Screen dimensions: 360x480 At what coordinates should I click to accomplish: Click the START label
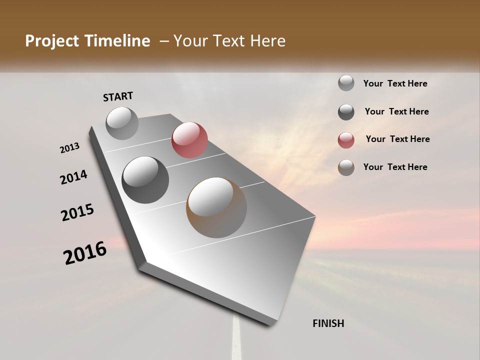(x=118, y=96)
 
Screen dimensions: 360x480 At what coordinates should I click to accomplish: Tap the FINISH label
(x=328, y=323)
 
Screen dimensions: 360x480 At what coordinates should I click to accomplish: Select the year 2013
(x=69, y=148)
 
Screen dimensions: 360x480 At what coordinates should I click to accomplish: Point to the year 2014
(x=73, y=177)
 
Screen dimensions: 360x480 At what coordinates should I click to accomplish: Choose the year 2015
(x=77, y=212)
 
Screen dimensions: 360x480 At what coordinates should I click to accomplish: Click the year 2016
(x=85, y=252)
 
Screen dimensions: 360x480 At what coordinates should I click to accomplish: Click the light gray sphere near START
(x=122, y=123)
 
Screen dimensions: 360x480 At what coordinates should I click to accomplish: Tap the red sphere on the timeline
(x=189, y=139)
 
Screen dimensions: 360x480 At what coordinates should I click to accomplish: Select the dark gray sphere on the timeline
(x=145, y=179)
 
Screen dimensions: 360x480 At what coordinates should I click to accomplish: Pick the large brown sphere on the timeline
(x=216, y=207)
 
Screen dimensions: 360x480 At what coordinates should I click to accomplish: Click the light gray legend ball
(x=346, y=83)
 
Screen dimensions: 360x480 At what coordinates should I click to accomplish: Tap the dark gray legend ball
(x=346, y=112)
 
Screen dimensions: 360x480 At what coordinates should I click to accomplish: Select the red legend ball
(x=346, y=140)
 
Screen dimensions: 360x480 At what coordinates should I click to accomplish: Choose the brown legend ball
(x=346, y=167)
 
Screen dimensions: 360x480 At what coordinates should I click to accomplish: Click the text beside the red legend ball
(x=397, y=139)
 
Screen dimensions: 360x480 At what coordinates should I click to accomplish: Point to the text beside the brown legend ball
(x=395, y=167)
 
